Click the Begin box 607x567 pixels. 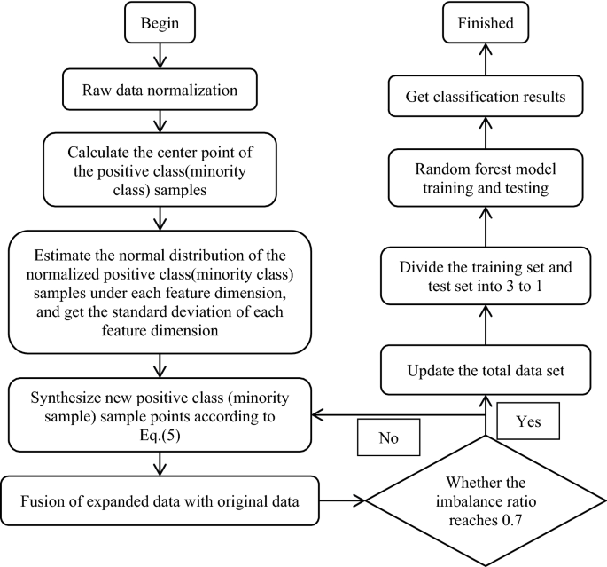[160, 22]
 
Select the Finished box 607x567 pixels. [486, 22]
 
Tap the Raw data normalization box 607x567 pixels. [160, 90]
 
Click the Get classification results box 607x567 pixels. [486, 96]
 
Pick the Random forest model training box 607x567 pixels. [486, 177]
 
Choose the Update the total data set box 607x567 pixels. [486, 370]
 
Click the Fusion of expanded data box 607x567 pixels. [160, 500]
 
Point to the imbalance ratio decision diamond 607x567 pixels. [486, 500]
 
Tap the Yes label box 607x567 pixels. [528, 421]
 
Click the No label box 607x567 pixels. [388, 437]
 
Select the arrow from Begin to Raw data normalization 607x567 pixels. [160, 56]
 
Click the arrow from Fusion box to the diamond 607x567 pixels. [342, 500]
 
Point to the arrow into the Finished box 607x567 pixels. [486, 59]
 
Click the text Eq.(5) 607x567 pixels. [160, 436]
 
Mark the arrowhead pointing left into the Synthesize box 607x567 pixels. [317, 415]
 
